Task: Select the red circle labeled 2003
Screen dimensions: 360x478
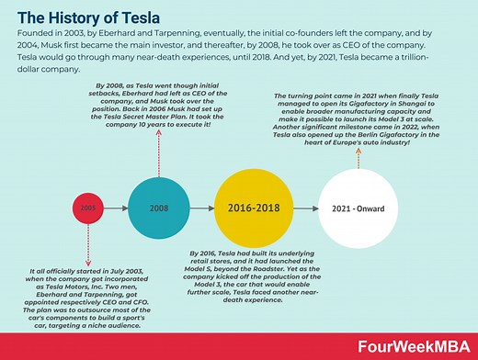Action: (87, 208)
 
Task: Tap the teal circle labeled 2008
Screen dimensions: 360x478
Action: (158, 208)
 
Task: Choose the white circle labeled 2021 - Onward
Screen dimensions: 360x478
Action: (358, 208)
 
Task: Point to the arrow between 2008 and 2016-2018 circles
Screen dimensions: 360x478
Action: (201, 208)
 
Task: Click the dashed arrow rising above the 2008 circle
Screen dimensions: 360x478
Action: (158, 156)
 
